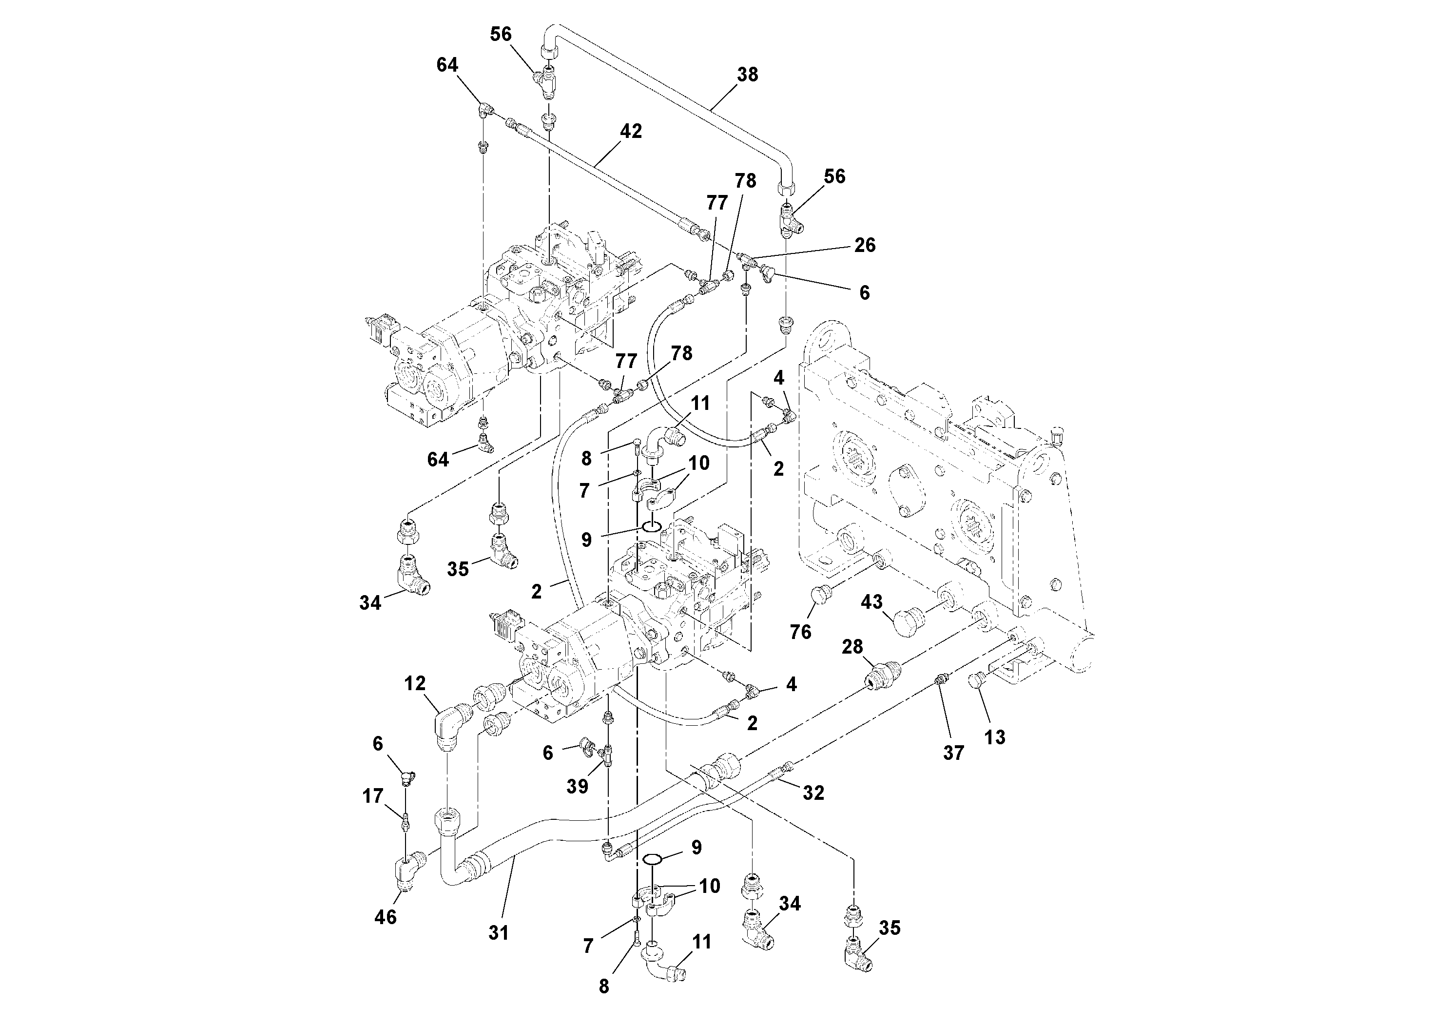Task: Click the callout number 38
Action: point(747,75)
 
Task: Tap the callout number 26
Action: point(865,245)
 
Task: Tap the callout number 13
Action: point(994,737)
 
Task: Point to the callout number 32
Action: point(813,793)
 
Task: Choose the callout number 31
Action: point(498,932)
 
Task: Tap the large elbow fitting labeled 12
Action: point(450,727)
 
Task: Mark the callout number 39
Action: point(577,786)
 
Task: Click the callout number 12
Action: point(415,683)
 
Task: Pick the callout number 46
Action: point(386,916)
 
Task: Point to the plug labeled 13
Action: point(975,681)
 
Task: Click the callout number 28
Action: point(852,647)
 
